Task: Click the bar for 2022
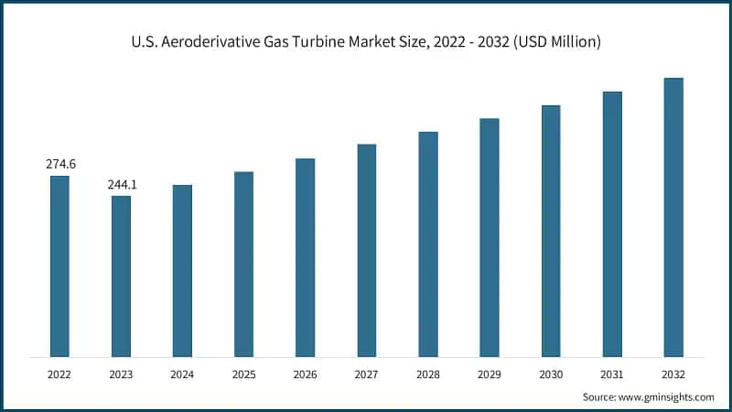click(x=59, y=266)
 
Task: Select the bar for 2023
click(x=121, y=276)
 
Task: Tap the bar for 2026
click(x=305, y=257)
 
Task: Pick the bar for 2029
click(x=490, y=237)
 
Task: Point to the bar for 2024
click(x=182, y=270)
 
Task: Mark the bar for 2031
click(x=612, y=223)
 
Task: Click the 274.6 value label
click(x=60, y=164)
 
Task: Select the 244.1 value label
click(x=122, y=184)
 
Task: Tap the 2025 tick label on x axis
click(x=243, y=374)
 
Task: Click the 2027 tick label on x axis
click(x=366, y=374)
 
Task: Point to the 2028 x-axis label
click(x=428, y=374)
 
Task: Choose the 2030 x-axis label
click(x=551, y=374)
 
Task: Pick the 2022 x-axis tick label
click(x=59, y=374)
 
